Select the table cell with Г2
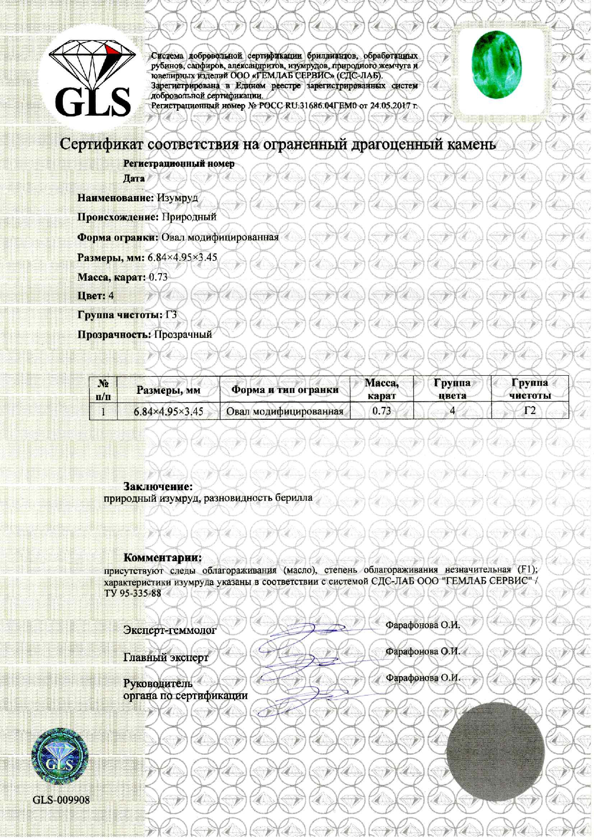(x=529, y=411)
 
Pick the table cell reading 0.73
(x=381, y=411)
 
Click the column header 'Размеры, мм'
(x=168, y=390)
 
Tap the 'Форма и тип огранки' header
(x=285, y=390)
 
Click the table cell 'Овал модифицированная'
(x=285, y=411)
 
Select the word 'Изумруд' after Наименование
(x=177, y=197)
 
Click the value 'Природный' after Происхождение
(x=189, y=217)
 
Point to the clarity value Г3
(x=171, y=315)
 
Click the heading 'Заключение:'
(x=158, y=486)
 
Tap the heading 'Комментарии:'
(x=163, y=557)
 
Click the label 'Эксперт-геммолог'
(x=170, y=630)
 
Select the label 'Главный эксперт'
(x=166, y=657)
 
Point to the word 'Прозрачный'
(x=183, y=334)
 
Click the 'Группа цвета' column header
(x=452, y=389)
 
